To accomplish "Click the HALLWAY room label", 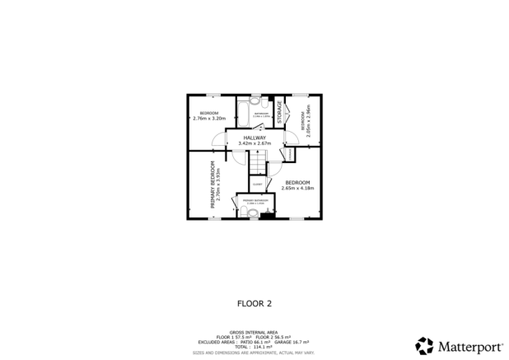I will click(x=254, y=137).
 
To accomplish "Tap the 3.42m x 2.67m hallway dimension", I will click(x=254, y=143).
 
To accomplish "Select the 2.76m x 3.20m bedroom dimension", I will click(x=208, y=119).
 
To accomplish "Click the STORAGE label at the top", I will click(x=280, y=112).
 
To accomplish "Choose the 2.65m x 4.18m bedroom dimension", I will click(x=297, y=188).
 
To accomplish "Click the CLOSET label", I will click(x=257, y=183).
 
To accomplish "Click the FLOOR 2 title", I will click(x=254, y=303).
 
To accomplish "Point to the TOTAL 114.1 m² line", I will click(x=254, y=346).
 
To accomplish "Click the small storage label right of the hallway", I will click(x=290, y=153).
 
